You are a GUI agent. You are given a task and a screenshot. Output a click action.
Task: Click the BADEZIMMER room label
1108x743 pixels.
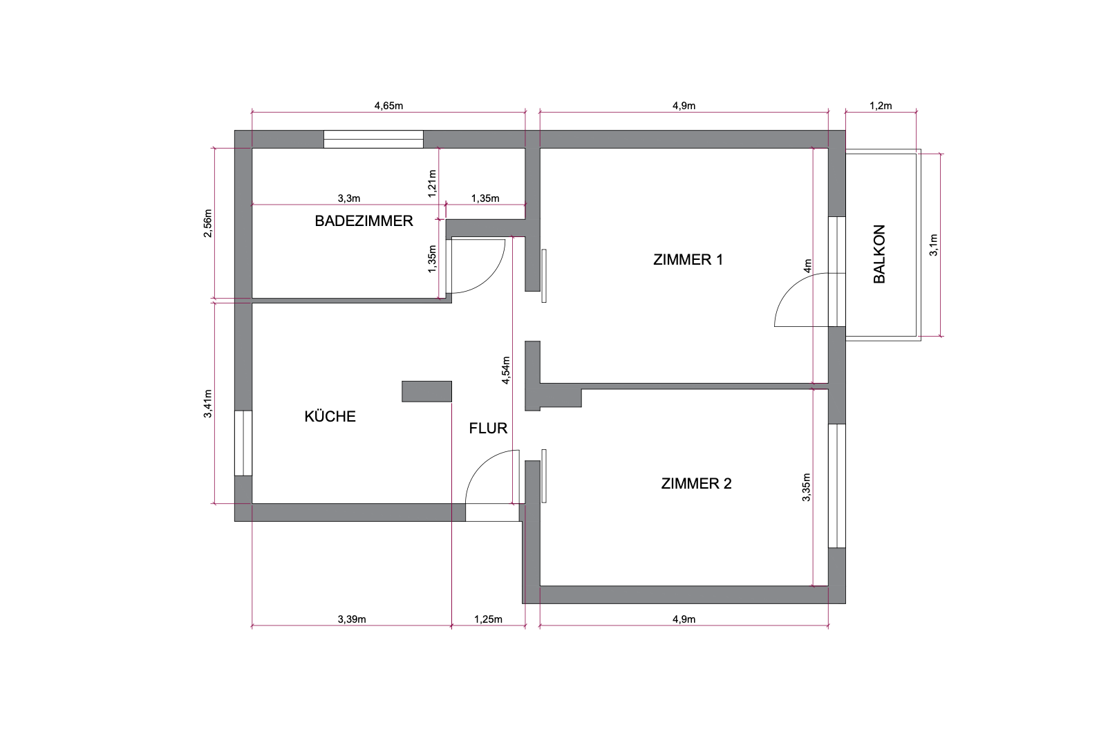click(x=364, y=220)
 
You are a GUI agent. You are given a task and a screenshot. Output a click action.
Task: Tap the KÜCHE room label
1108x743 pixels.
click(x=330, y=416)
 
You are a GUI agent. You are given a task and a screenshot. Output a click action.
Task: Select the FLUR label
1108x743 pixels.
click(x=488, y=428)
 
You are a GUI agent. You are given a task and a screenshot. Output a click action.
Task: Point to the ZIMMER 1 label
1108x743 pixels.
click(x=688, y=259)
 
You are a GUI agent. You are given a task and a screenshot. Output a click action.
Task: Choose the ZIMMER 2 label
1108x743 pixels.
click(x=696, y=483)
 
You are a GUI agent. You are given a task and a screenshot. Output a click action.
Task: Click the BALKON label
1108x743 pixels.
click(x=879, y=254)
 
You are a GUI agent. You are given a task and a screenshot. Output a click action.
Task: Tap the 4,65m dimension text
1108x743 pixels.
click(x=388, y=105)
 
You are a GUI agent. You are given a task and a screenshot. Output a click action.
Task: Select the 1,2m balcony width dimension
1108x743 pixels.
click(x=881, y=105)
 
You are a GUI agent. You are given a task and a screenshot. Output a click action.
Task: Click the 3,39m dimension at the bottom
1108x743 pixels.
click(x=352, y=619)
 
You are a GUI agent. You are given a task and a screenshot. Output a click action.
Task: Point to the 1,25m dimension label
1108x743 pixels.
click(x=488, y=619)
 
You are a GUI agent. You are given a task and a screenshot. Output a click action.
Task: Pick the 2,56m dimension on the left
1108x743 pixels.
click(x=208, y=223)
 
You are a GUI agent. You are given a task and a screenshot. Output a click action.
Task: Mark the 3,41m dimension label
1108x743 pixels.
click(x=208, y=404)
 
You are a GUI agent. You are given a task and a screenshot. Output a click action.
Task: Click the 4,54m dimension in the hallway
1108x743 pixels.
click(x=505, y=370)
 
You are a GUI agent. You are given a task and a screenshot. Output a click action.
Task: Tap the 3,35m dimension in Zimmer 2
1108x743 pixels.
click(x=806, y=487)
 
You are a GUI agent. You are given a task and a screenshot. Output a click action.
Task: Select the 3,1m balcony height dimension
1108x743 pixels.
click(x=934, y=245)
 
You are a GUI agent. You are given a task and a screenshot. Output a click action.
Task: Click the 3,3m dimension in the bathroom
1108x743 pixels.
click(x=349, y=198)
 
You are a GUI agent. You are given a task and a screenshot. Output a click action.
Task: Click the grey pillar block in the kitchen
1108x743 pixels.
click(x=427, y=391)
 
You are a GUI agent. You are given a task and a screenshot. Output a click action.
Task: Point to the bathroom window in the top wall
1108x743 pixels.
click(x=373, y=139)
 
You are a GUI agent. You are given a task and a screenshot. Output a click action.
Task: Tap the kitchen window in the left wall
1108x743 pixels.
click(x=243, y=443)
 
